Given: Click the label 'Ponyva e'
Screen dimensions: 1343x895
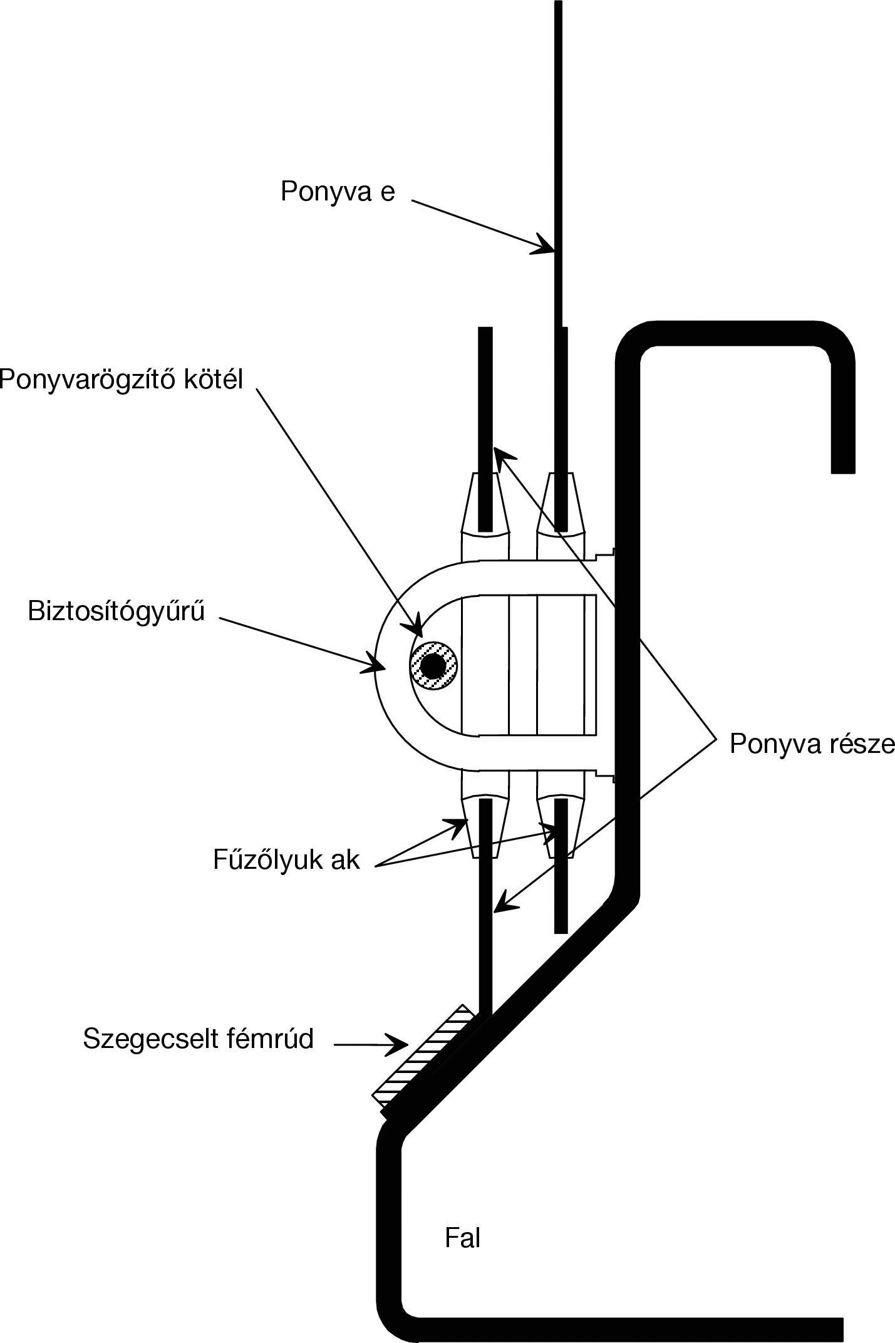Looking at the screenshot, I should point(338,191).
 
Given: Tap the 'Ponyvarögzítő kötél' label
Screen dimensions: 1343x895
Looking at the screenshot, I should point(122,378).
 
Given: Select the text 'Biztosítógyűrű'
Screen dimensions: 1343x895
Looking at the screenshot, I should point(116,611).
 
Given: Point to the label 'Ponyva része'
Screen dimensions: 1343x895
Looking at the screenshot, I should point(812,744).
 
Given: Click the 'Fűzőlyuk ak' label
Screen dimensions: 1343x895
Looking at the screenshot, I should point(286,859).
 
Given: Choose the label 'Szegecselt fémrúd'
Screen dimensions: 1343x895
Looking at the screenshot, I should point(198,1039).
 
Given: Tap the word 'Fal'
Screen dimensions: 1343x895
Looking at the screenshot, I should point(462,1238).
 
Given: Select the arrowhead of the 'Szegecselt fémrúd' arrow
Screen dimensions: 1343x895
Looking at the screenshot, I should point(401,1044).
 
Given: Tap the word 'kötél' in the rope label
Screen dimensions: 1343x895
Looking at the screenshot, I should point(212,378).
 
